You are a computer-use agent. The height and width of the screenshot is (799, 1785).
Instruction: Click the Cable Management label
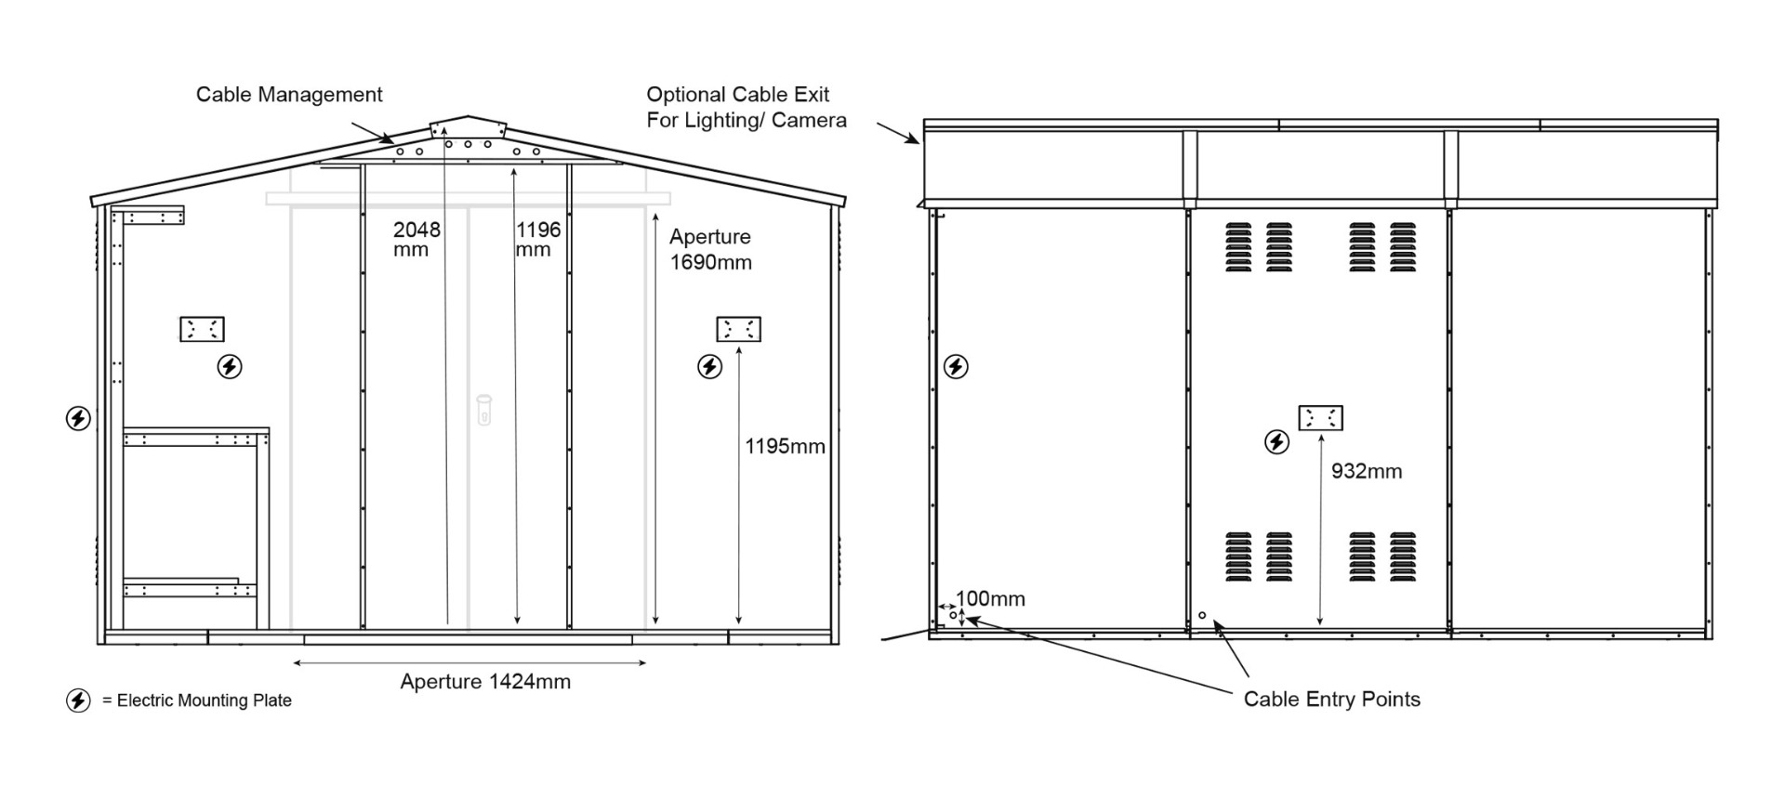289,95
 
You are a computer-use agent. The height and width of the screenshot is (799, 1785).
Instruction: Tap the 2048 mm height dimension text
416,239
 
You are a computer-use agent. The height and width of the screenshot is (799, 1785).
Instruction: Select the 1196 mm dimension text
538,239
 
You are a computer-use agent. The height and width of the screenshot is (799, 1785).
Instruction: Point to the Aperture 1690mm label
710,249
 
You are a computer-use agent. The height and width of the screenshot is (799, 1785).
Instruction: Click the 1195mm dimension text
785,447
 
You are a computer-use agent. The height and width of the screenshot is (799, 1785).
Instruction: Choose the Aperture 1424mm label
485,682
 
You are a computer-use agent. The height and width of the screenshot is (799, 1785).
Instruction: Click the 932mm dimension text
1366,472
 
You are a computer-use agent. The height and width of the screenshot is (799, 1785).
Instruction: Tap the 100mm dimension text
991,599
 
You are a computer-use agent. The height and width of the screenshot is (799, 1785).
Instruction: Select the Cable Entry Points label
1331,700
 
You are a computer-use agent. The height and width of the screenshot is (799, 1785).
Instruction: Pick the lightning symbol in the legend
78,701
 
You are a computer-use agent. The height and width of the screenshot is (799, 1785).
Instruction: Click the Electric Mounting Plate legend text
204,701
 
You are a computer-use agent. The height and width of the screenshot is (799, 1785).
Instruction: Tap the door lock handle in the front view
483,409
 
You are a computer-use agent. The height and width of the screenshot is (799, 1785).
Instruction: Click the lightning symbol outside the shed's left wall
78,419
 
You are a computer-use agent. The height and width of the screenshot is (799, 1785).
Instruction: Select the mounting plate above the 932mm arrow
1320,418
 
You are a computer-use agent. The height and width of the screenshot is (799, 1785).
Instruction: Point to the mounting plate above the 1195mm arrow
738,329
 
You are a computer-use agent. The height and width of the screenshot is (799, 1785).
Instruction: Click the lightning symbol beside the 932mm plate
1277,442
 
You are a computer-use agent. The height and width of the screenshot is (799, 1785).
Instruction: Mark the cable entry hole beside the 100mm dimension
953,615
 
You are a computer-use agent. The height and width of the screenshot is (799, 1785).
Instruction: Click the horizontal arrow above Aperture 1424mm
469,662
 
